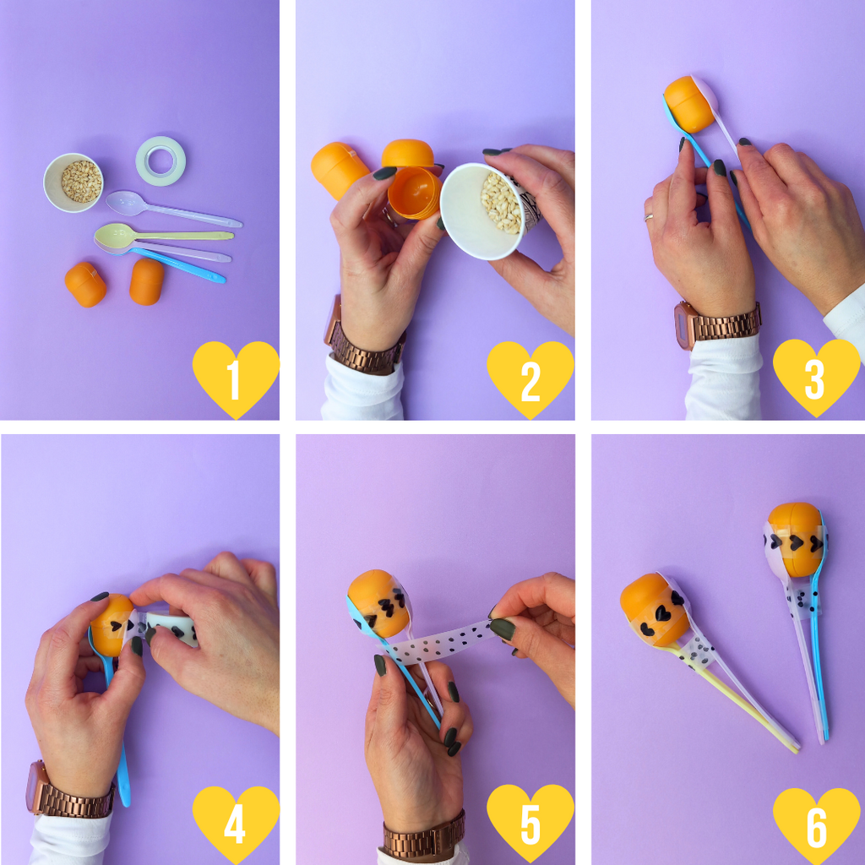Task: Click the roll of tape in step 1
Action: pyautogui.click(x=160, y=161)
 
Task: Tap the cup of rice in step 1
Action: pyautogui.click(x=73, y=182)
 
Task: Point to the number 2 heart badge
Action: pyautogui.click(x=530, y=379)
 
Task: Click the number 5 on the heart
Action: pyautogui.click(x=530, y=824)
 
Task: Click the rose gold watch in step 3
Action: pyautogui.click(x=717, y=324)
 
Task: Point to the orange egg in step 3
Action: pyautogui.click(x=689, y=104)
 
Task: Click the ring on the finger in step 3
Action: pyautogui.click(x=649, y=217)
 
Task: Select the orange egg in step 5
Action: pyautogui.click(x=379, y=603)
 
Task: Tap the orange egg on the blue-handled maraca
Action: pyautogui.click(x=794, y=539)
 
